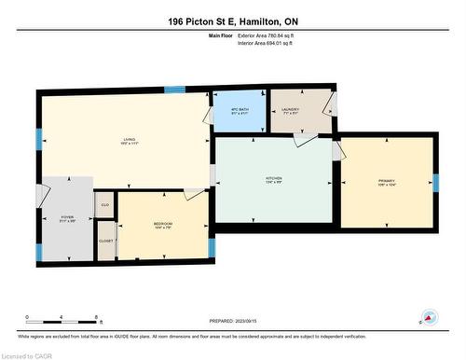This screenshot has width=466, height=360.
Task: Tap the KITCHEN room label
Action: coord(273,180)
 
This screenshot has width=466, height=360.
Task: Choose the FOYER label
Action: coord(67,218)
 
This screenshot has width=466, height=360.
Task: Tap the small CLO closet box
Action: coord(104,204)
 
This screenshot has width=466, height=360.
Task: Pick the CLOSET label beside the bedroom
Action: coord(105,241)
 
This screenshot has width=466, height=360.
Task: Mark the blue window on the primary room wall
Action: coord(435,182)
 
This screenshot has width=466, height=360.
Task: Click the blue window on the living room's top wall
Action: coord(174,90)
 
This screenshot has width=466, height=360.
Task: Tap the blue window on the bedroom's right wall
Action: coord(212,247)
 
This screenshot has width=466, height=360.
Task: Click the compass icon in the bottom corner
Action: coord(429,317)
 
